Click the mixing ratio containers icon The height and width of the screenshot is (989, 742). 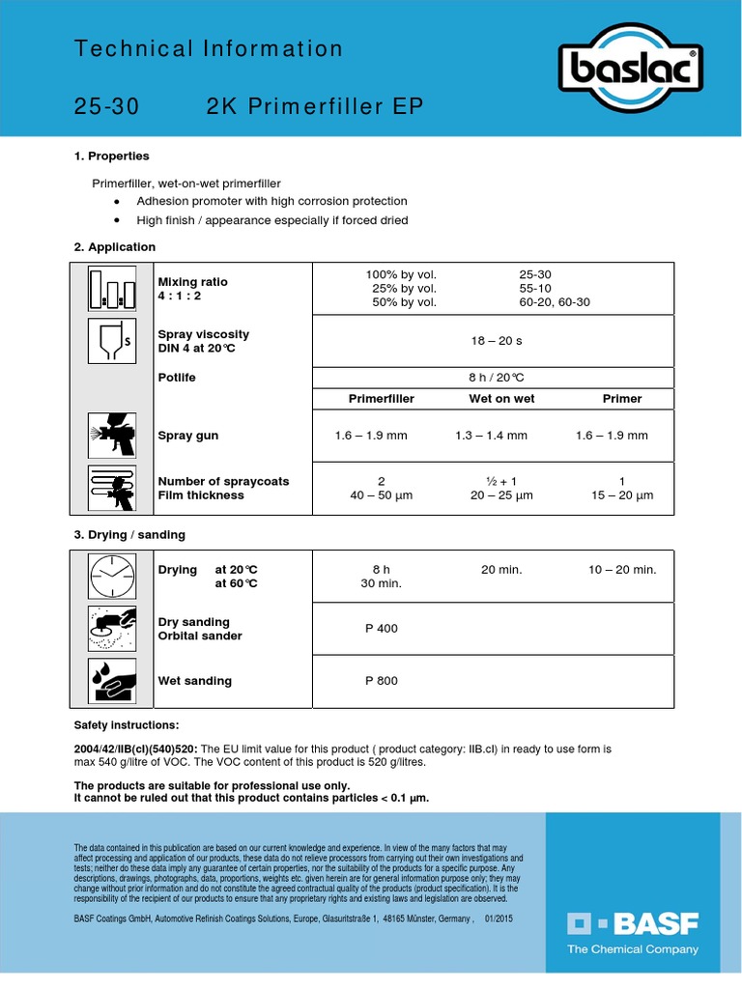(108, 289)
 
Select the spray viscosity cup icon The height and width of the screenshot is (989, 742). (109, 341)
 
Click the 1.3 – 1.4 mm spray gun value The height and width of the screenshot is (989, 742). (491, 436)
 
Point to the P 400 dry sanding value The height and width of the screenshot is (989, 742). (381, 629)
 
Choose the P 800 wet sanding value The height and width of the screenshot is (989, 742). (381, 681)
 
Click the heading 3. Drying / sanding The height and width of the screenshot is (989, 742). (129, 534)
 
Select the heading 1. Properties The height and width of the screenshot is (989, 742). (112, 155)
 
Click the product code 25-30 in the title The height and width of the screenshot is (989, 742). (106, 107)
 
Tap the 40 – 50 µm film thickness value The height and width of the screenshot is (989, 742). (381, 495)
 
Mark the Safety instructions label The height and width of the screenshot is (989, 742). (127, 725)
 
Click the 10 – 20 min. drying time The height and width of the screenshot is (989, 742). (622, 570)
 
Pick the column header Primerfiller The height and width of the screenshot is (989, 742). (381, 398)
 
